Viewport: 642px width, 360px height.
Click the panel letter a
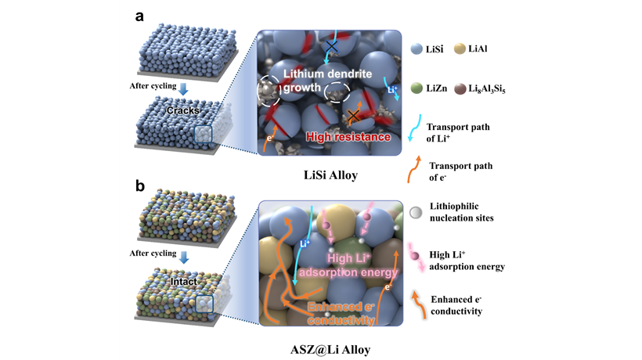(x=139, y=16)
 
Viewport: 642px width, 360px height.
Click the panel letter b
(x=140, y=186)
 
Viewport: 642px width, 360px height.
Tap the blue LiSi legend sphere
(x=417, y=49)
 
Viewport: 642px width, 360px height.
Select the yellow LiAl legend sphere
(x=460, y=49)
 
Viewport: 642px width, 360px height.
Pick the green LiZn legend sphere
(x=417, y=88)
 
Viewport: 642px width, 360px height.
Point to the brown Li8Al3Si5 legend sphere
(x=460, y=88)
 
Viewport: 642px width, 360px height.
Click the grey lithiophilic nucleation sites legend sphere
(x=416, y=212)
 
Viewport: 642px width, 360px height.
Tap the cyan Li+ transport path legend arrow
(x=414, y=128)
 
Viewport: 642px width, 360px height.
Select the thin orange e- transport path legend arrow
(x=413, y=169)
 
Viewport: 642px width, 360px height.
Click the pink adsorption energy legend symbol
(x=416, y=257)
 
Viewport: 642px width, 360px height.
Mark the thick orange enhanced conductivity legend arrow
(x=418, y=304)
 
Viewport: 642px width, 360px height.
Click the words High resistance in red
(x=348, y=137)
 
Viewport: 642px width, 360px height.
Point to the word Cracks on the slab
(x=183, y=110)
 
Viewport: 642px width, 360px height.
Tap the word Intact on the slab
(x=183, y=282)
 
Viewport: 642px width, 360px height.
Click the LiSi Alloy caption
(x=331, y=175)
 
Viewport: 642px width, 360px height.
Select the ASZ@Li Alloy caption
(x=330, y=350)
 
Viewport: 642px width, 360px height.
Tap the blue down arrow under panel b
(x=184, y=257)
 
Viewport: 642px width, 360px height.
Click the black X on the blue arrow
(x=331, y=46)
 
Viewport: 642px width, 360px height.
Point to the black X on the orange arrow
(x=353, y=116)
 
